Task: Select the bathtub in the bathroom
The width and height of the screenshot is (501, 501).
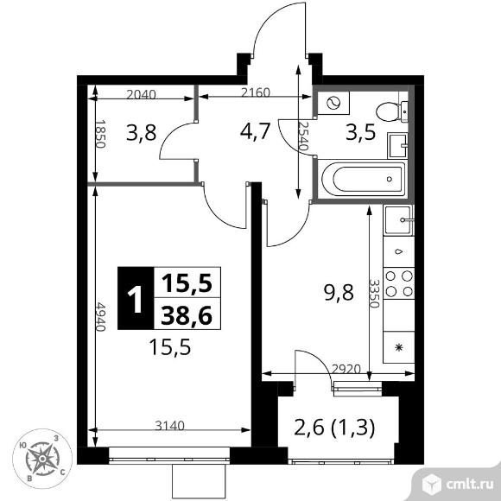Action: (x=360, y=181)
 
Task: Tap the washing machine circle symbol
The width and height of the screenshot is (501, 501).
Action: (x=331, y=104)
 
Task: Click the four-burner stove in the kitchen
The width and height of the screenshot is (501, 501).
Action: (x=399, y=282)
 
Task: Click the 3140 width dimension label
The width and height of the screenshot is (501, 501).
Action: (x=171, y=424)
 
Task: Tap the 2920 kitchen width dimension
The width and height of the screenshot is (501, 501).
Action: (x=346, y=368)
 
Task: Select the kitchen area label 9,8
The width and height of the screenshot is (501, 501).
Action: (x=339, y=291)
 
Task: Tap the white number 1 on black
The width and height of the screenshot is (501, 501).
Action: (x=134, y=300)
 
